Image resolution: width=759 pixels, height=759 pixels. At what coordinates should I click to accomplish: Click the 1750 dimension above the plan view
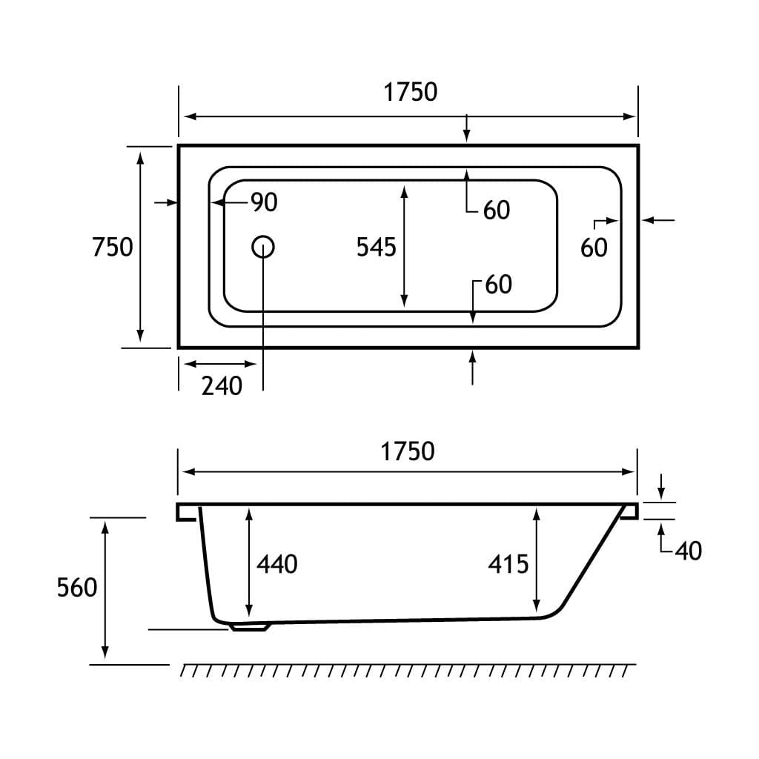(x=410, y=92)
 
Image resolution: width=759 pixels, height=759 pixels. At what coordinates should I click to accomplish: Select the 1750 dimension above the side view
(x=407, y=451)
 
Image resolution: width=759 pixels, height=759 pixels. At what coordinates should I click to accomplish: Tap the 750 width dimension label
(x=113, y=247)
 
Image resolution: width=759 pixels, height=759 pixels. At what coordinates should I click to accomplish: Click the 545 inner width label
(x=377, y=247)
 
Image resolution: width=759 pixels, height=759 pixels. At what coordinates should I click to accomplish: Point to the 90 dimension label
(x=263, y=202)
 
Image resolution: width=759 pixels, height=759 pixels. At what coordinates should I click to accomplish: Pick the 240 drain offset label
(x=222, y=385)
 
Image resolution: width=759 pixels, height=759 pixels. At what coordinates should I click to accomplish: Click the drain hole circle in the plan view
(x=263, y=246)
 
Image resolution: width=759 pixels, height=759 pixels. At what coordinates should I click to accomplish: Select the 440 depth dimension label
(x=277, y=564)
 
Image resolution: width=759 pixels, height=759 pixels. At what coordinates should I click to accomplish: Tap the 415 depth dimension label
(x=508, y=564)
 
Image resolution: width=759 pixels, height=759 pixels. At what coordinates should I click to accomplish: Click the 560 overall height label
(x=77, y=588)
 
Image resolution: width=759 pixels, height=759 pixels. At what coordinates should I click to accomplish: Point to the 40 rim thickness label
(x=688, y=551)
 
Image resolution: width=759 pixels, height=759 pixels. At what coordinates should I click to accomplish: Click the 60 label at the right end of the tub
(x=594, y=248)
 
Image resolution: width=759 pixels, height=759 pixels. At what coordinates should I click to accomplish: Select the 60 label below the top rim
(x=497, y=211)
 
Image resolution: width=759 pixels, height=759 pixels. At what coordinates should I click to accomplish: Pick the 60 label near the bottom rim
(x=499, y=285)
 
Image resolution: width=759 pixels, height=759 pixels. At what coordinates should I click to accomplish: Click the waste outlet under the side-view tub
(x=251, y=627)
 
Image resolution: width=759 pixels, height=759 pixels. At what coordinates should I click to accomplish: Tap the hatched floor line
(x=408, y=670)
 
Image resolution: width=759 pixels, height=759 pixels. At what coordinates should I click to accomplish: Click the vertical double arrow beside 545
(x=404, y=246)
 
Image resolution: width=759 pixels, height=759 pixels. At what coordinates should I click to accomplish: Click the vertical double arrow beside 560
(x=105, y=589)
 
